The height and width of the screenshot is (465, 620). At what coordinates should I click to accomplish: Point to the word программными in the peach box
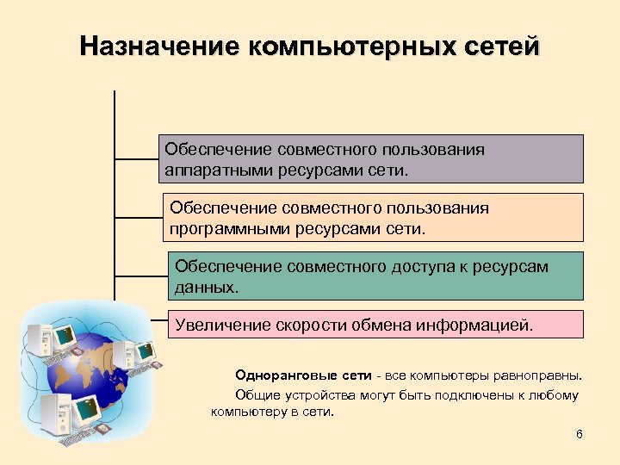226,229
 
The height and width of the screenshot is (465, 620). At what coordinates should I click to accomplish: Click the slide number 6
580,433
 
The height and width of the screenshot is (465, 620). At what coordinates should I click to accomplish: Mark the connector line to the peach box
138,217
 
